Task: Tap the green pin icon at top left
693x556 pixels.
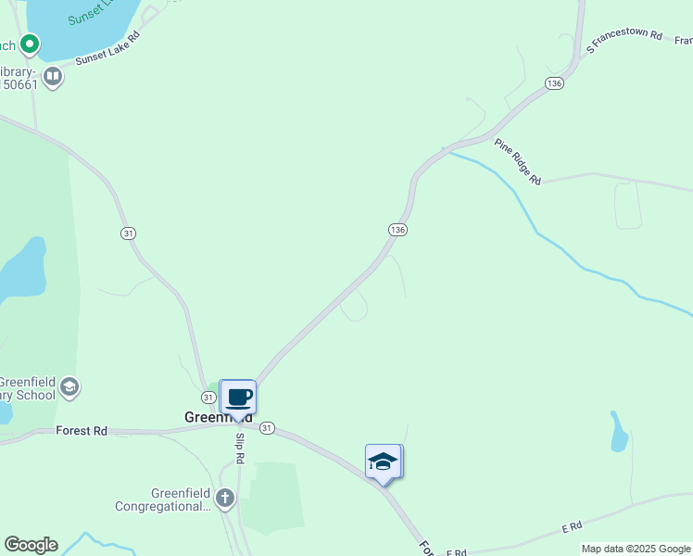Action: pos(30,44)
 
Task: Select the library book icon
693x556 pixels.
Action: pos(53,75)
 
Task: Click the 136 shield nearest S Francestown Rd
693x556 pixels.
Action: pos(554,83)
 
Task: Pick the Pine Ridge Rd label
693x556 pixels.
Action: pos(517,161)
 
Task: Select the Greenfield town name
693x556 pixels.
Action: pos(219,417)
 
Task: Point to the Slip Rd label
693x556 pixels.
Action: pos(240,448)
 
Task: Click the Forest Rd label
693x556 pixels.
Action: pos(82,430)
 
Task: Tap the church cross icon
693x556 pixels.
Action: pos(225,499)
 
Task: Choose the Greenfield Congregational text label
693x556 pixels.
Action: pos(163,499)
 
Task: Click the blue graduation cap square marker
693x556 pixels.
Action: pos(383,461)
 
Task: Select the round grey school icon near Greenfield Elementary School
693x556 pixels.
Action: pos(70,386)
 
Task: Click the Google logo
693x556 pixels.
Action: pos(31,545)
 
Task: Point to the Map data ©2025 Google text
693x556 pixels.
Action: pos(636,549)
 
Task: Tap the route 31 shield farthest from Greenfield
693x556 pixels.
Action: pos(128,233)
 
